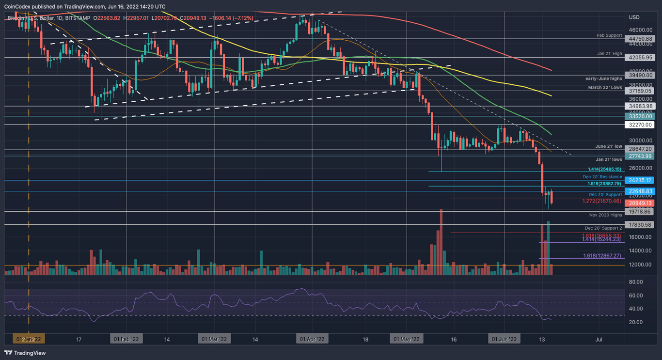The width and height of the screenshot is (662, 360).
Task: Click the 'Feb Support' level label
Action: coord(609,35)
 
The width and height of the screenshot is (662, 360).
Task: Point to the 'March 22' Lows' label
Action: coord(605,88)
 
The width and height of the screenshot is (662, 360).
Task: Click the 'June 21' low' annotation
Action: coord(608,146)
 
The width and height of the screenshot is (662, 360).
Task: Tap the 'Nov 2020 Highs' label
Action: coord(605,215)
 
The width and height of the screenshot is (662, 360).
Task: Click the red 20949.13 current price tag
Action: coord(641,203)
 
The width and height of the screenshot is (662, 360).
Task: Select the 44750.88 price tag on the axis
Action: coord(641,39)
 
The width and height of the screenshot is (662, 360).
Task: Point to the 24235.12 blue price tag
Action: coord(641,180)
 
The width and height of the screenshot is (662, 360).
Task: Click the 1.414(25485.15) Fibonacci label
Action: coord(604,169)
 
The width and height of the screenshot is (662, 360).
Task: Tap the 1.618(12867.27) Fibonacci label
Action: coord(601,255)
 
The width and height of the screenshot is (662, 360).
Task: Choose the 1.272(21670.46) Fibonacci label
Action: coord(601,201)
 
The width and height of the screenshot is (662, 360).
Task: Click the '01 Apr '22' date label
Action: coord(312,339)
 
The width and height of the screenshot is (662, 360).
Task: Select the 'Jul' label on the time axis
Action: coord(599,339)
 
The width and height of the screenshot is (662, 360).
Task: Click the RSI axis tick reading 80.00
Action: coord(635,282)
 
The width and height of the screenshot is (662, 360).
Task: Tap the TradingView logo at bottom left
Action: coord(25,353)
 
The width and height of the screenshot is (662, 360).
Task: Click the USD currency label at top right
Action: coord(634,17)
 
